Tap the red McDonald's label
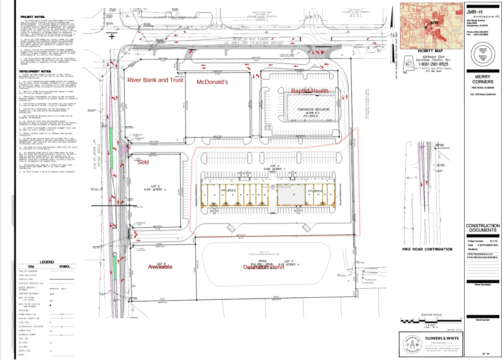point(212,82)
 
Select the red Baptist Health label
point(310,91)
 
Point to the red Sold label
point(143,162)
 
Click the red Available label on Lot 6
point(160,267)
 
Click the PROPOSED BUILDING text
point(313,109)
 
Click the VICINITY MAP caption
point(430,51)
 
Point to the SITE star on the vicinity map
point(427,27)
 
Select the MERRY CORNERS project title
point(483,79)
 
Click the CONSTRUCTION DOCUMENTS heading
point(483,228)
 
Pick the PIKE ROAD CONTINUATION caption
point(427,249)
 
